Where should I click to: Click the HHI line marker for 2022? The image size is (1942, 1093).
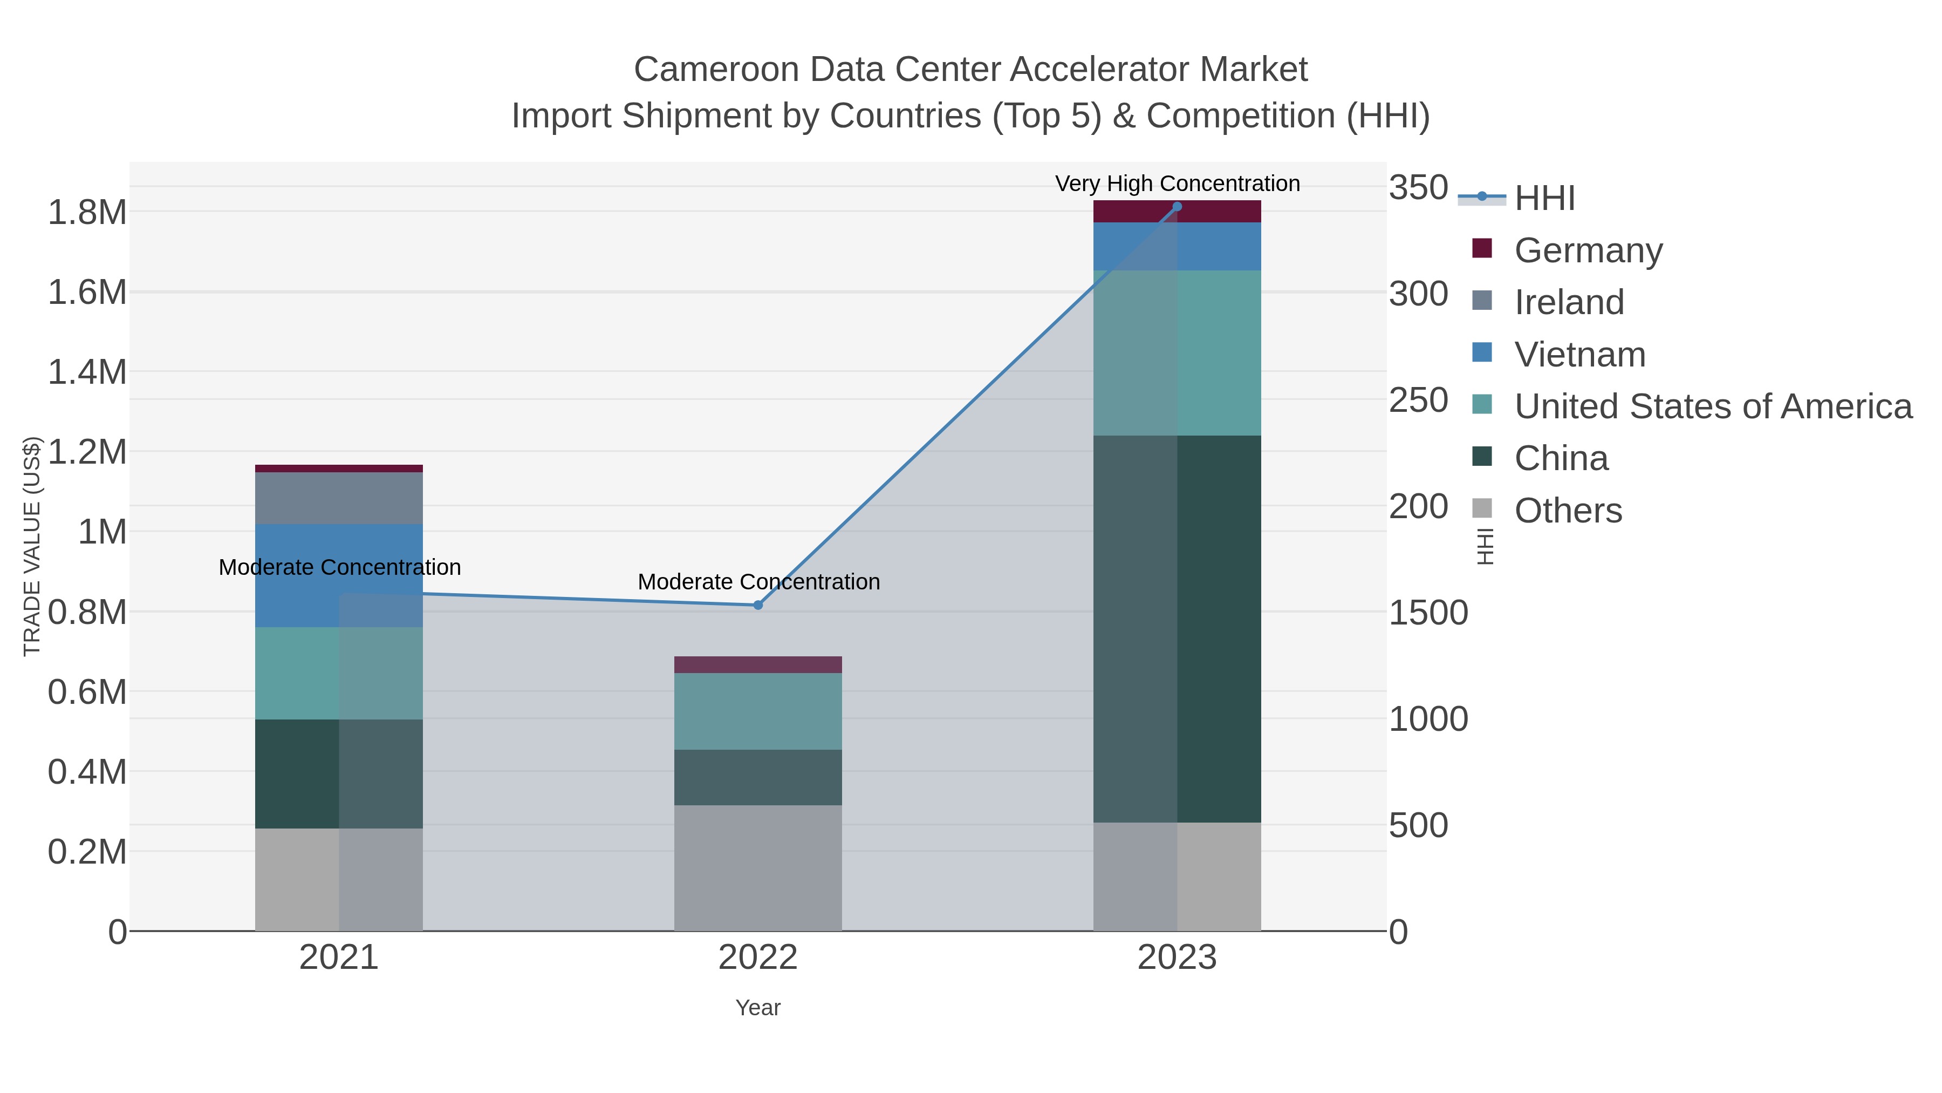coord(758,605)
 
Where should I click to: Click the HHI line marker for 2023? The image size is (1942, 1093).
coord(1177,207)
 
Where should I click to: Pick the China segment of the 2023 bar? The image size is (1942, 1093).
coord(1177,628)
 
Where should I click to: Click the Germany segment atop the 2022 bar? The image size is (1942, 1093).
coord(758,664)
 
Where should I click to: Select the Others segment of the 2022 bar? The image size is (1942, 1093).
coord(758,867)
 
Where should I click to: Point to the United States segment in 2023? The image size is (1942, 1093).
coord(1177,352)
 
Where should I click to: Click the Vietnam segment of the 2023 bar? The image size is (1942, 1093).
coord(1177,247)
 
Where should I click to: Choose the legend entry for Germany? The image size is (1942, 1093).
coord(1588,250)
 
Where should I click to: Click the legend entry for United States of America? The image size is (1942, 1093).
coord(1712,406)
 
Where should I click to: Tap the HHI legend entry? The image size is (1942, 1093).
coord(1544,198)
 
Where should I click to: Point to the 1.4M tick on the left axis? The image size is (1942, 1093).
coord(87,372)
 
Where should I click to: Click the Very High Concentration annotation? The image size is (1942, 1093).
coord(1177,184)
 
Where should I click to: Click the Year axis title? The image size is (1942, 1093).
coord(758,1008)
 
